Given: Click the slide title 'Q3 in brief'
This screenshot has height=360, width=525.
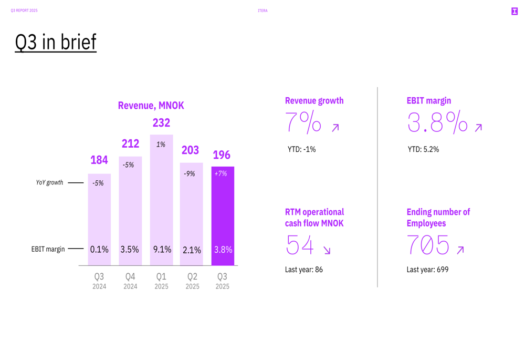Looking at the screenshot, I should tap(56, 42).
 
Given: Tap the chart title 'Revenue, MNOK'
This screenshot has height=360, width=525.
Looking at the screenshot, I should tap(151, 106).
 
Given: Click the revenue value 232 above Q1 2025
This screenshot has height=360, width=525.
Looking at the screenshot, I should tap(161, 123).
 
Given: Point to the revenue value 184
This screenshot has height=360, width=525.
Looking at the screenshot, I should tap(99, 160).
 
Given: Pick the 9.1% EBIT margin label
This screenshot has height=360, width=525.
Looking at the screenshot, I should tap(162, 250).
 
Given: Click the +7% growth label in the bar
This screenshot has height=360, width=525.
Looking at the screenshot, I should tap(221, 173).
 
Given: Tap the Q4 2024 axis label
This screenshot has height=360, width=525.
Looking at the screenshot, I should tap(130, 281).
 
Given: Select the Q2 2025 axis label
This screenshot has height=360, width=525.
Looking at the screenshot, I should tap(192, 281).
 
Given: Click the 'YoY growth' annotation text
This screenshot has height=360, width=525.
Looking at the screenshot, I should tap(49, 183).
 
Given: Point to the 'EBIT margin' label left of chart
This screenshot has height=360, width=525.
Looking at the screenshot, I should tap(48, 249).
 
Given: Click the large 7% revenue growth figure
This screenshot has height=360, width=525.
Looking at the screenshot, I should tap(303, 122).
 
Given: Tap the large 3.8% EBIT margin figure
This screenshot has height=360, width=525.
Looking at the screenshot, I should tap(437, 122).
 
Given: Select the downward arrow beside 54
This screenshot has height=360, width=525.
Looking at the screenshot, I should tap(327, 251).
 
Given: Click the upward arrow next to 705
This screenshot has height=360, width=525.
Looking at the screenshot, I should tap(460, 251).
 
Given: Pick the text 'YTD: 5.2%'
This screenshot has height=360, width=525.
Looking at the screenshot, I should tap(423, 150).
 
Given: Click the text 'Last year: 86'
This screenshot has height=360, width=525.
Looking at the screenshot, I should tap(304, 270).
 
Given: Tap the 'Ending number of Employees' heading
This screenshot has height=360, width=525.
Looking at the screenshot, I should tap(438, 218).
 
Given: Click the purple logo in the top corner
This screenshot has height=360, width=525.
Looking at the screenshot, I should tap(514, 11).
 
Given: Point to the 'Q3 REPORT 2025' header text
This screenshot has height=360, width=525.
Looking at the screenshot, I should tap(24, 11).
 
